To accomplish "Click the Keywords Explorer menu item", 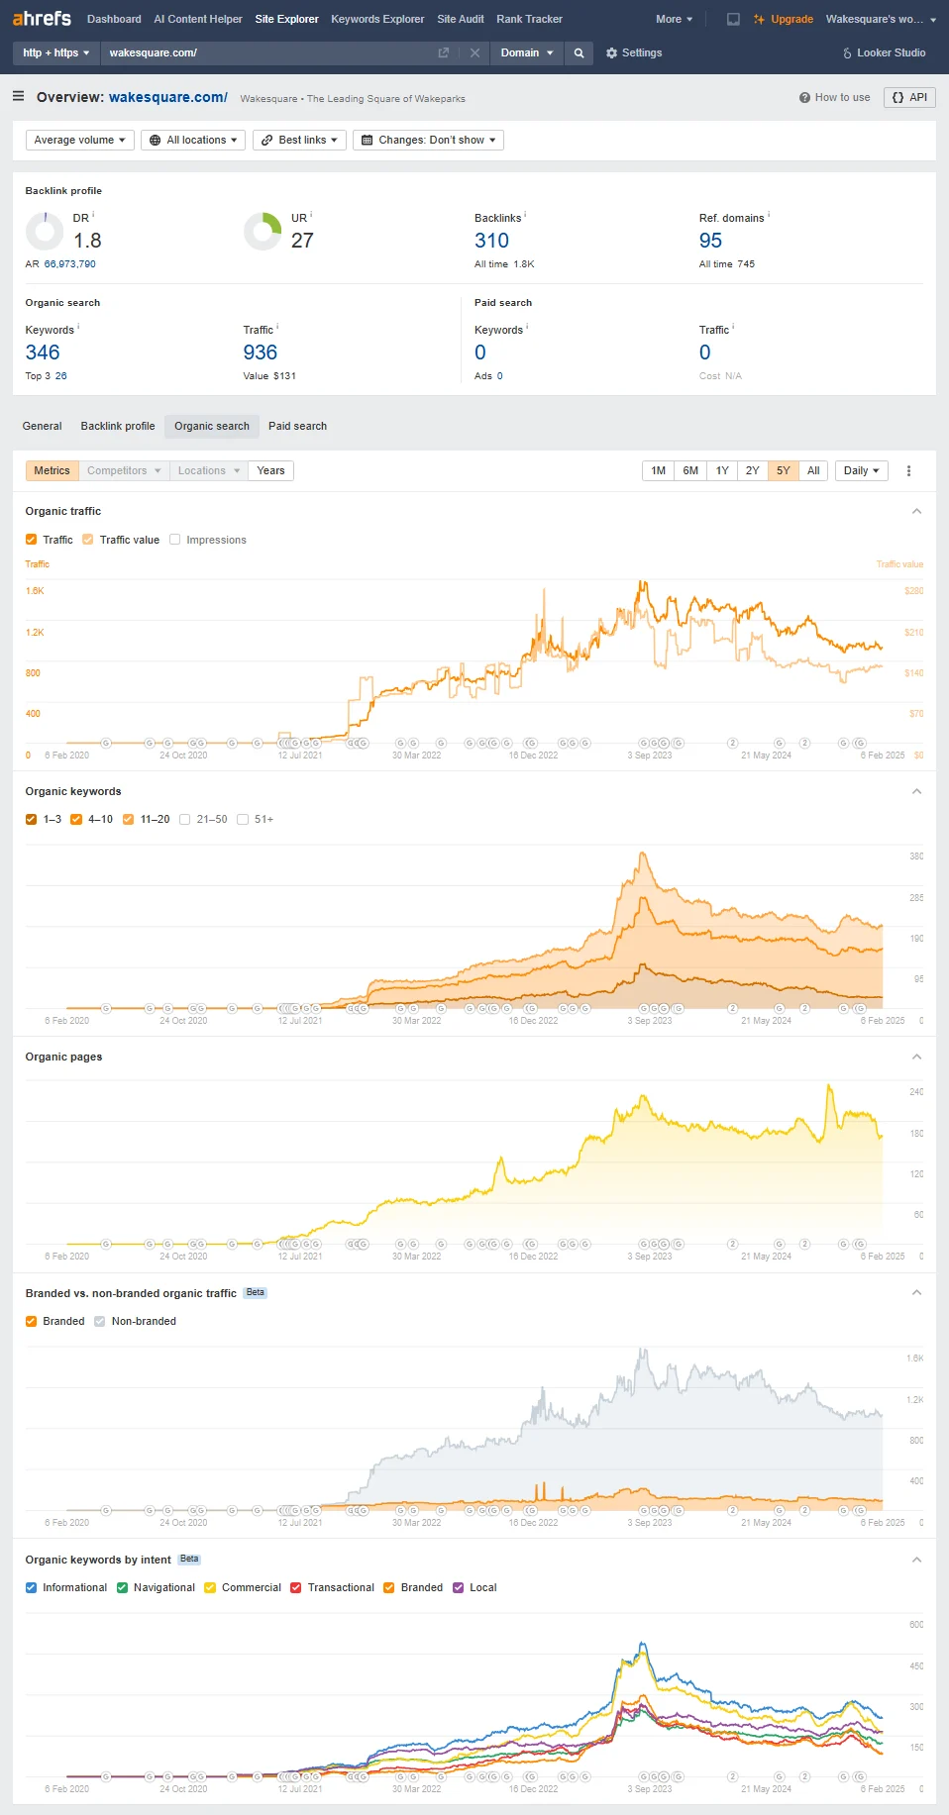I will pos(377,19).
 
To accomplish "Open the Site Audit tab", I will pos(461,19).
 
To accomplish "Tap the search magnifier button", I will pos(580,52).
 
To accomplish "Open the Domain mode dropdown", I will pos(527,52).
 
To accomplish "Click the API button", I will pos(909,97).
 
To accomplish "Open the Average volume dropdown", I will pos(80,140).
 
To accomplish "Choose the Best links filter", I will pos(299,140).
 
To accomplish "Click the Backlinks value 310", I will pos(491,241).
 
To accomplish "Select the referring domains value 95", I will pos(710,241).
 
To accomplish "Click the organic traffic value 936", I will pos(261,353).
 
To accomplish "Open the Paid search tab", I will pos(297,426).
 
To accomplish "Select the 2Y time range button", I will pos(753,470).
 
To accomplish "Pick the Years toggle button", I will pos(270,470).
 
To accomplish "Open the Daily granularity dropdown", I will pos(862,470).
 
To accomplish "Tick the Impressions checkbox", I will pos(175,540).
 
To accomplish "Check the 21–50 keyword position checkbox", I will pos(185,819).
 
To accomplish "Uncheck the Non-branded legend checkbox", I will pos(100,1321).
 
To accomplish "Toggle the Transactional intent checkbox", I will pos(296,1587).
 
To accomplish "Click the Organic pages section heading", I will pos(63,1057).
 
